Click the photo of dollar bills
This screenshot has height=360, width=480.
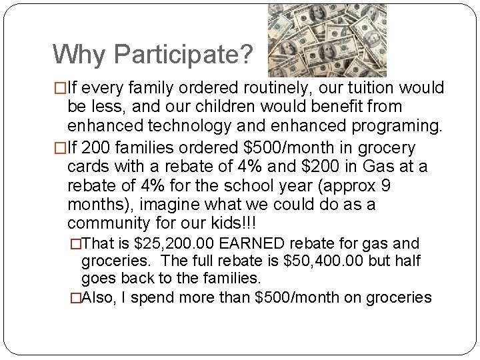pos(327,40)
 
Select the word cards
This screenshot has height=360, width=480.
pos(89,166)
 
